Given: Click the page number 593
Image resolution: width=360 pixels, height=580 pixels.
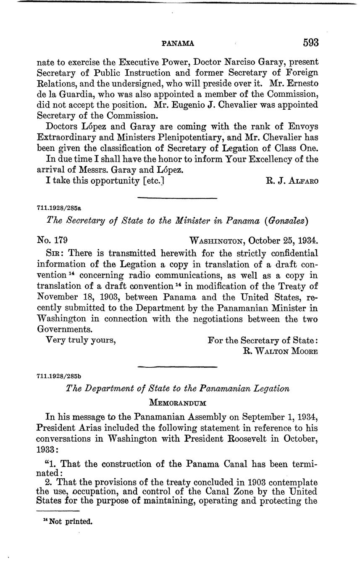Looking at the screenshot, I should (x=310, y=42).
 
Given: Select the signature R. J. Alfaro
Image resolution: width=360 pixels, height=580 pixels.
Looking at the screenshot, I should (x=292, y=181).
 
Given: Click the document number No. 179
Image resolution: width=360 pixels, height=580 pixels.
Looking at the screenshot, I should (x=53, y=241).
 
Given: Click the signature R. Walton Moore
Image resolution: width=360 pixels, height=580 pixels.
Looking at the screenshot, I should (x=281, y=351).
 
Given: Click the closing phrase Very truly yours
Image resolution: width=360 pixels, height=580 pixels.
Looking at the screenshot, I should (x=81, y=340).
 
